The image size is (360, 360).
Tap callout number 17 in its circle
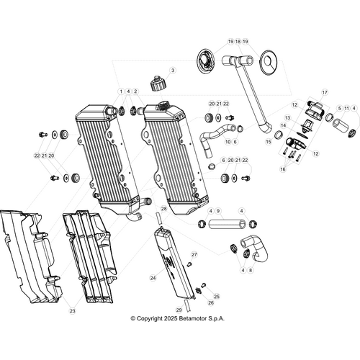(325, 93)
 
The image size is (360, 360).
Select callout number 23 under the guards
(73, 311)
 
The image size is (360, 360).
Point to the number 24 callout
(153, 277)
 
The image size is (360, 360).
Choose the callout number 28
(163, 209)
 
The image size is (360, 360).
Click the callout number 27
(194, 255)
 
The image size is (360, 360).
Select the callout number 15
(269, 143)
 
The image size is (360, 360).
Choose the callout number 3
(173, 71)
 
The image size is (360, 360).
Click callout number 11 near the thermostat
(346, 108)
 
